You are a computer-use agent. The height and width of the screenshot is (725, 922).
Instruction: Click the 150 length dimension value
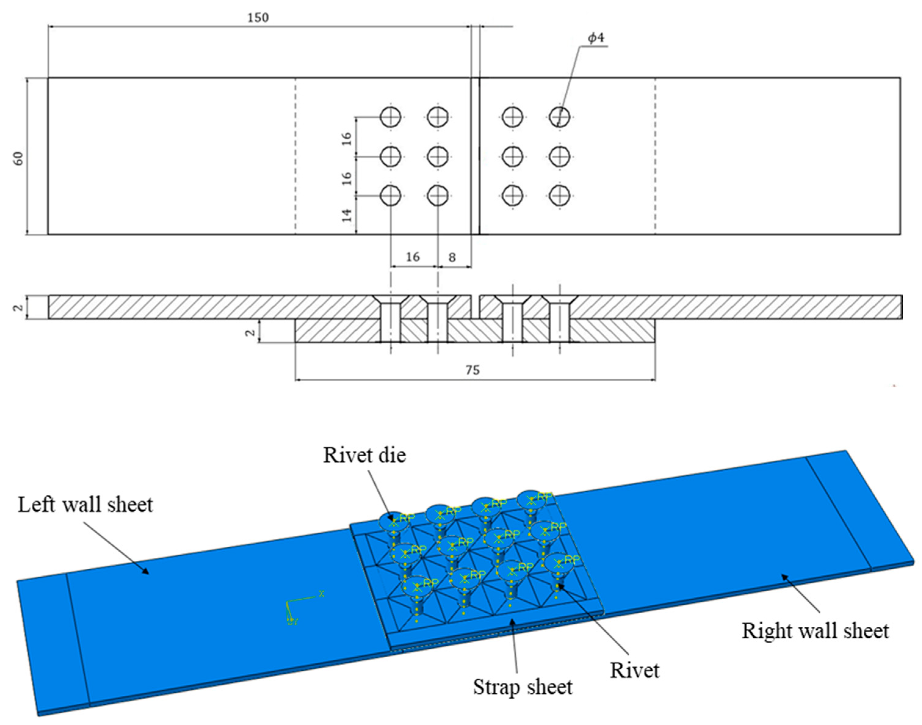[258, 18]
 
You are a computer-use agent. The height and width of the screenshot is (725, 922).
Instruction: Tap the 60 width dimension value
[19, 158]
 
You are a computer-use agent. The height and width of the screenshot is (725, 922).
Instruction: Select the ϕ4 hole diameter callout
[596, 38]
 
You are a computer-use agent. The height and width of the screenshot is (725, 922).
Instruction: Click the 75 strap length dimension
[472, 370]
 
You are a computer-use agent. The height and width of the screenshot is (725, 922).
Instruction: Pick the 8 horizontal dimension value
[452, 258]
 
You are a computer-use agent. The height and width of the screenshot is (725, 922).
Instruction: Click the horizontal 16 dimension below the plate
[412, 257]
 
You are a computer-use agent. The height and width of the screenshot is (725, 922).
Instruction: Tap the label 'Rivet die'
[364, 455]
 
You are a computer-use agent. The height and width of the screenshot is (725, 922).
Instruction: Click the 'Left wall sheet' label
[85, 505]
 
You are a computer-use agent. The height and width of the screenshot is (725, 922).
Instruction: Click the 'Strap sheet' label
[523, 687]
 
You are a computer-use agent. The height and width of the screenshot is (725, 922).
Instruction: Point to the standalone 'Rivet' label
[634, 671]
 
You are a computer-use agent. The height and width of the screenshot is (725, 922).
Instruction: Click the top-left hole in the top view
[390, 117]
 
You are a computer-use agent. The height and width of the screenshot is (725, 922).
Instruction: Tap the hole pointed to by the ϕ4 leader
[559, 117]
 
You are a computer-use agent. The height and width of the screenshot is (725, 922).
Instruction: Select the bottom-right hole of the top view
[559, 196]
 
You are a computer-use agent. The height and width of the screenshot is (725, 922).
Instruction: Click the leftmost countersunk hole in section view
[390, 316]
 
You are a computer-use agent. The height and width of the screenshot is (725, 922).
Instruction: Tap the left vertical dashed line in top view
[295, 156]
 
